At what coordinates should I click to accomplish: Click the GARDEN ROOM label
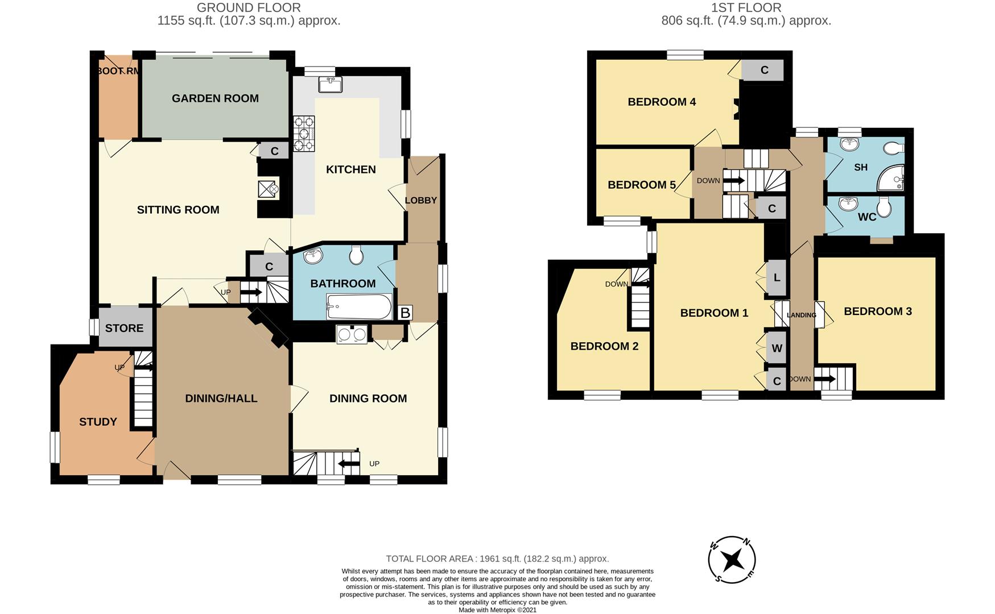[x=215, y=98]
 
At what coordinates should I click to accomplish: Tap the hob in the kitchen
[x=304, y=134]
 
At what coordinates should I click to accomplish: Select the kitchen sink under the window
[x=331, y=85]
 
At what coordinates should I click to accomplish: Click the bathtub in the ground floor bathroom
[x=358, y=307]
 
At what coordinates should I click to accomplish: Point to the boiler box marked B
[x=405, y=313]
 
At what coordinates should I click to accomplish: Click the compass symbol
[x=732, y=560]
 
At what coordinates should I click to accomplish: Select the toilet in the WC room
[x=884, y=208]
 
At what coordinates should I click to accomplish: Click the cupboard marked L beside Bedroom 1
[x=777, y=278]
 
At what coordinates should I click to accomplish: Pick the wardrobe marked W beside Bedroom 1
[x=777, y=348]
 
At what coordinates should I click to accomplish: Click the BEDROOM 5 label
[x=641, y=185]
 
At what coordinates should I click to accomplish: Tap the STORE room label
[x=124, y=328]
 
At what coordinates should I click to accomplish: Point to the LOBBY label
[x=421, y=200]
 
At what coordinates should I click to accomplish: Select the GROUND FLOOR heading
[x=249, y=8]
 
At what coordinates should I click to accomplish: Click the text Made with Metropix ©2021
[x=497, y=609]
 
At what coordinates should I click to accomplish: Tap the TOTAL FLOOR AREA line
[x=497, y=559]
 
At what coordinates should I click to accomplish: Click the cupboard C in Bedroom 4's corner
[x=764, y=70]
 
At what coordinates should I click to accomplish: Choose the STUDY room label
[x=98, y=422]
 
